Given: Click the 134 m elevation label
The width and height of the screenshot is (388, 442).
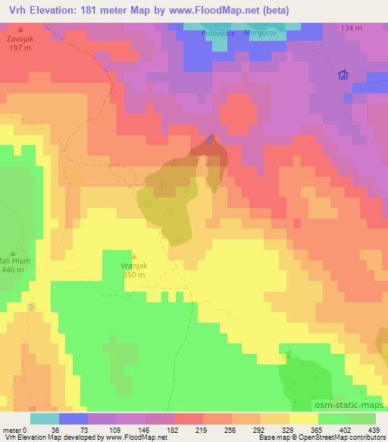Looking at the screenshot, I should [x=351, y=27].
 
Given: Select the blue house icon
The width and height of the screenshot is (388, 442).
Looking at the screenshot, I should [x=343, y=74].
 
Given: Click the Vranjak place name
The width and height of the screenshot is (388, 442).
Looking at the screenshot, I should [x=134, y=267].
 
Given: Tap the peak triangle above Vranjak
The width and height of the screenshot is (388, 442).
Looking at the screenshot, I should [x=134, y=257].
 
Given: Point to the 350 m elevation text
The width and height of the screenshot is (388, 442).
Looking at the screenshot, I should [x=134, y=276].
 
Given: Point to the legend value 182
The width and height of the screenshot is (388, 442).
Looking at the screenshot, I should [x=161, y=429].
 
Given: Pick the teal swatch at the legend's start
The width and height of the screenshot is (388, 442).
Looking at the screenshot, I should [x=44, y=418].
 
